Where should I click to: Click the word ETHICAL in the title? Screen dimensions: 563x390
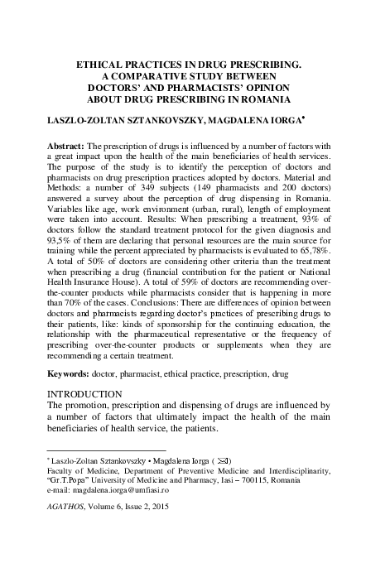pyautogui.click(x=102, y=63)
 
